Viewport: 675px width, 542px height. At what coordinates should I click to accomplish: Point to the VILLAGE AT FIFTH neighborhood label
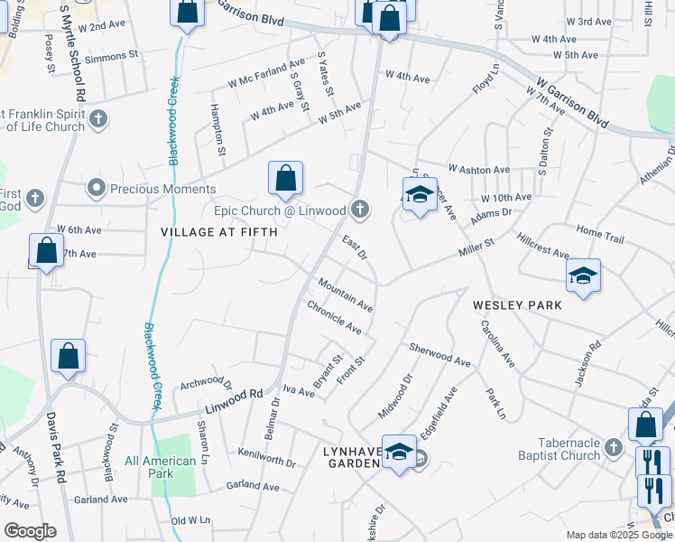pos(218,232)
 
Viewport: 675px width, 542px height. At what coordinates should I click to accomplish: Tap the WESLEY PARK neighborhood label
pos(517,305)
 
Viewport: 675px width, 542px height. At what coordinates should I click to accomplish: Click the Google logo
pos(30,531)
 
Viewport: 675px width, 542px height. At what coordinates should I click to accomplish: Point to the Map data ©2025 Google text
pos(619,535)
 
